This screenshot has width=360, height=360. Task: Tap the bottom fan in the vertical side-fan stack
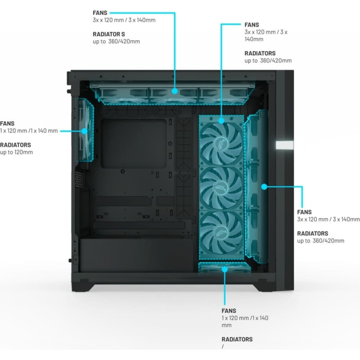[222, 234]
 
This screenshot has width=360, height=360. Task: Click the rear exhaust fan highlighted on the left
[85, 130]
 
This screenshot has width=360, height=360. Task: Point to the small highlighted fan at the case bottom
[224, 268]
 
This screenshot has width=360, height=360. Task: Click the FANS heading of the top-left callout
[99, 13]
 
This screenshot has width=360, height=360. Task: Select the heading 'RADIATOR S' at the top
[109, 34]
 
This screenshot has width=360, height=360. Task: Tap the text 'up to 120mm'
[16, 152]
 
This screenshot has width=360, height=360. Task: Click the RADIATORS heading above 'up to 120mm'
[15, 145]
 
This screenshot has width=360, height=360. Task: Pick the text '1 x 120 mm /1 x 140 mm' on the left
[29, 130]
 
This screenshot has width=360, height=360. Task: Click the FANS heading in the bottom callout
[229, 310]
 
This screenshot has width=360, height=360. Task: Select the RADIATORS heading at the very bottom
[237, 339]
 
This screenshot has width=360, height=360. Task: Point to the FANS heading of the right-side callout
[305, 211]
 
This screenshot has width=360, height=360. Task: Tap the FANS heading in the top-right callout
[252, 25]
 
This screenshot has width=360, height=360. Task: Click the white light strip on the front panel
[284, 145]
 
